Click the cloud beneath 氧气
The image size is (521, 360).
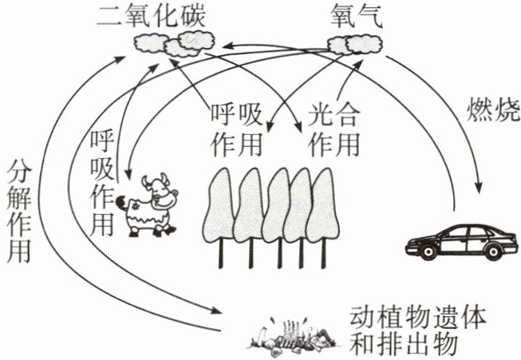(x=356, y=45)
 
